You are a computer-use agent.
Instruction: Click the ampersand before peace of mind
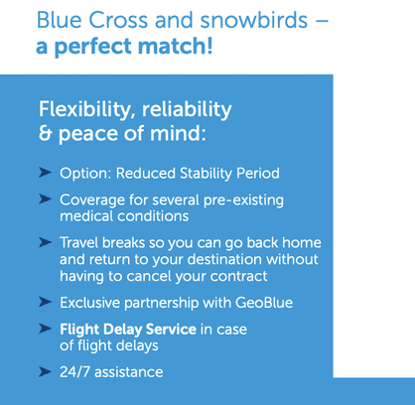tap(46, 132)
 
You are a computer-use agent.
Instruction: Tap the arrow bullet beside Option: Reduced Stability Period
tap(46, 171)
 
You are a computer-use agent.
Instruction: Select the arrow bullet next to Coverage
tap(46, 199)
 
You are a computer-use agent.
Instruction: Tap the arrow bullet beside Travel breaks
tap(46, 241)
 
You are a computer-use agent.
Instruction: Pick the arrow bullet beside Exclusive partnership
tap(46, 301)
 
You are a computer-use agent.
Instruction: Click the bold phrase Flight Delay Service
tap(124, 328)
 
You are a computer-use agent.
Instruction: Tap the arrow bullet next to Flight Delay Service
tap(46, 327)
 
